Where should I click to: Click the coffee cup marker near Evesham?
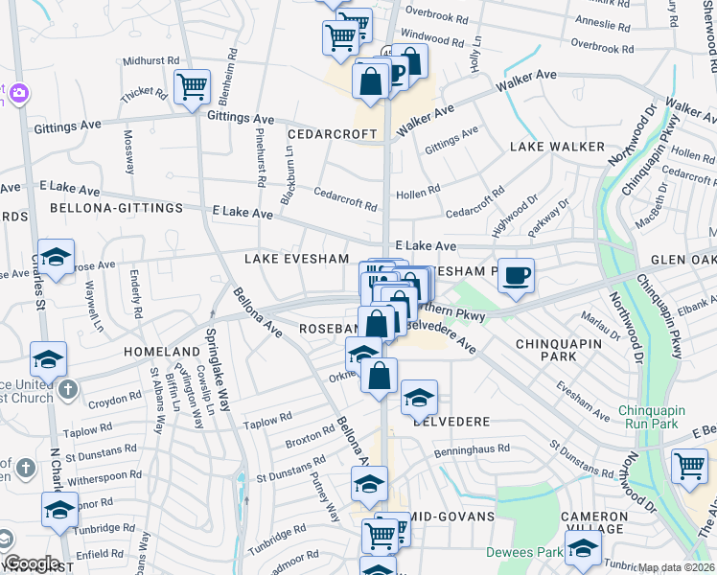coord(516,276)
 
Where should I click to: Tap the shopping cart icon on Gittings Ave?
coord(194,87)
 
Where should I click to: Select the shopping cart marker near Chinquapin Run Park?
coord(690,468)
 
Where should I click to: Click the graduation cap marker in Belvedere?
coord(419,397)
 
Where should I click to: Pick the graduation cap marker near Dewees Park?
coord(583,550)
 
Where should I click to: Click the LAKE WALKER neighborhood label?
coord(557,147)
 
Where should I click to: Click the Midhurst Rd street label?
coord(151,59)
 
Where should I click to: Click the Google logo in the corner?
coord(32,563)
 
